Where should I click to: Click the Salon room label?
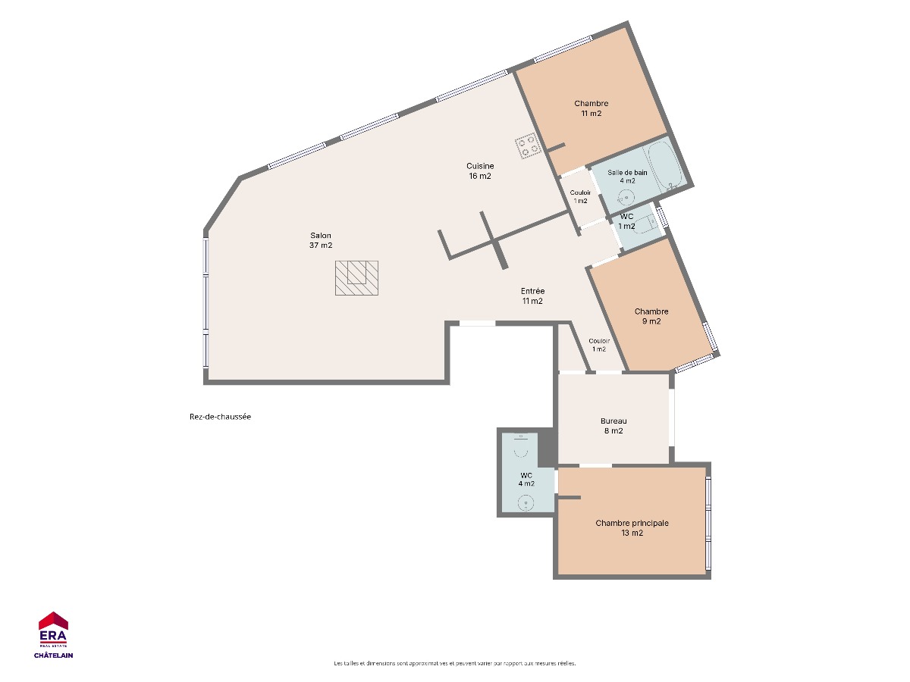point(321,240)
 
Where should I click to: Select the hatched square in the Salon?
point(356,278)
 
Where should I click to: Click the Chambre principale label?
point(632,528)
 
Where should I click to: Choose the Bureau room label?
point(613,426)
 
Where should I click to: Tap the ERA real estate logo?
point(53,629)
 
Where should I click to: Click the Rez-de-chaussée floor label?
point(220,417)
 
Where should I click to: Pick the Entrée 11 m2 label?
point(532,296)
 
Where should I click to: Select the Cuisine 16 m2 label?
point(480,171)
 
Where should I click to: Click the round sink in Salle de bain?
point(625,198)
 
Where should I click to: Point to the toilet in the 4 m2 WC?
point(520,446)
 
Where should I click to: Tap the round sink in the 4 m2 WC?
point(526,503)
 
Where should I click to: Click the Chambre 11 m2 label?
point(591,108)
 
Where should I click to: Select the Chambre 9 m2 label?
point(651,316)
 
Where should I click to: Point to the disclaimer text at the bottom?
point(455,663)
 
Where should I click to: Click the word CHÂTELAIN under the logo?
point(54,655)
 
